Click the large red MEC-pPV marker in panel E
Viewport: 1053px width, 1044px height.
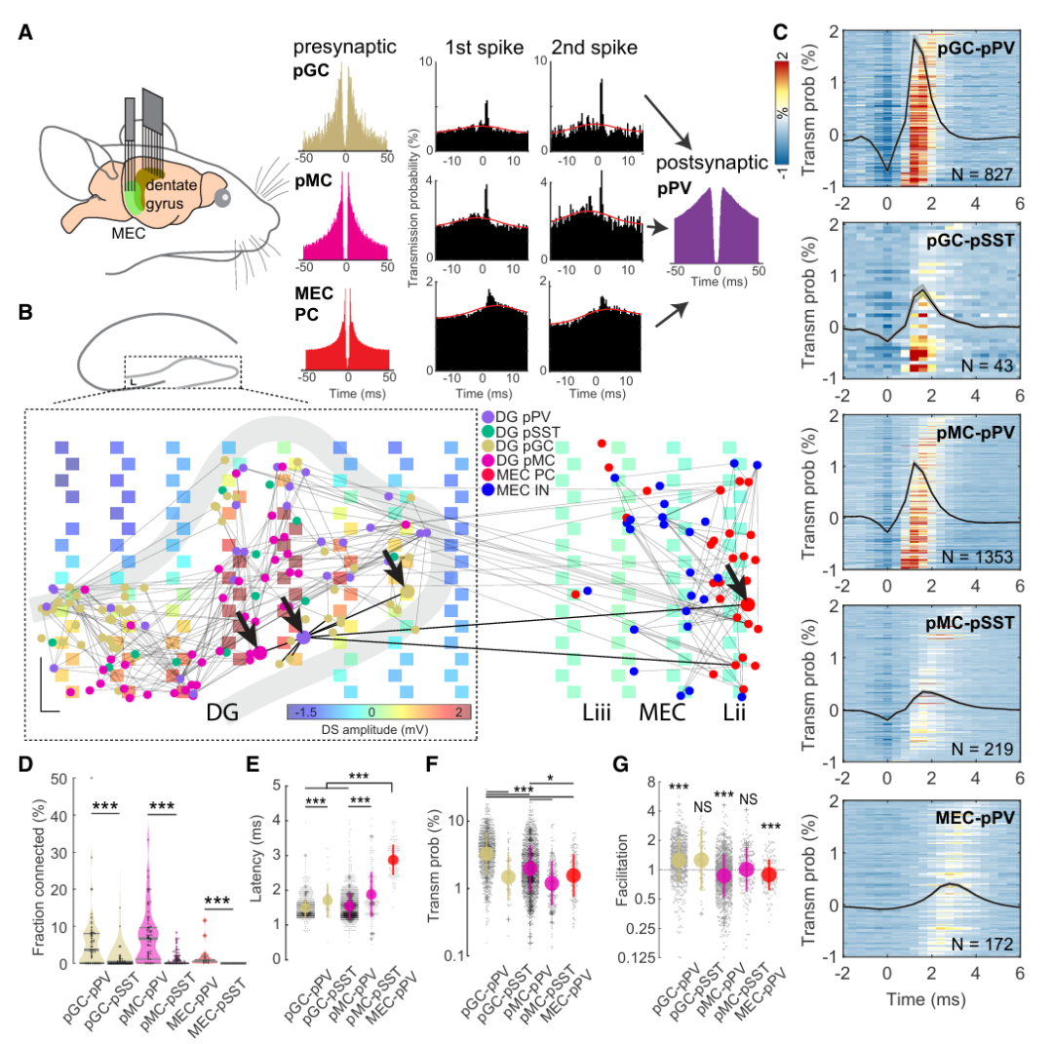pos(393,859)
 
